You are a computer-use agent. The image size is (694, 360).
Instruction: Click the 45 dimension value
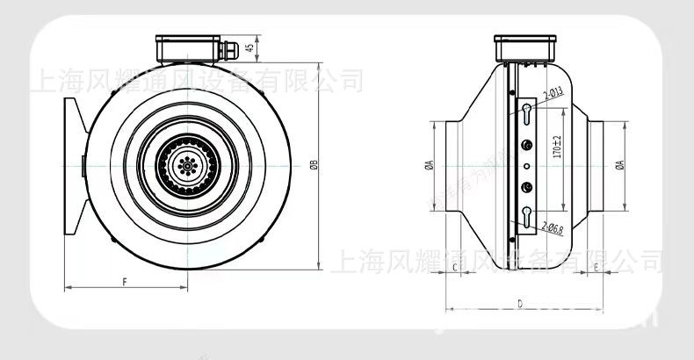coord(249,47)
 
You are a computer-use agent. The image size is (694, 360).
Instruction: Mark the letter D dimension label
coord(520,303)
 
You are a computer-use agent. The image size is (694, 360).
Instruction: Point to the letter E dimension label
coord(596,264)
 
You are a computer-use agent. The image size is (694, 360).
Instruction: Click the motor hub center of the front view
coord(184,163)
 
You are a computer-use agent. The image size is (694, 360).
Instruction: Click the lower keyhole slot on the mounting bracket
coord(525,216)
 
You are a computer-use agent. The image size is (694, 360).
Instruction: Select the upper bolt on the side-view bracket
coord(525,146)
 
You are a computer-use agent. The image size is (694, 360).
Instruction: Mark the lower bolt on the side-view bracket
coord(525,184)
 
